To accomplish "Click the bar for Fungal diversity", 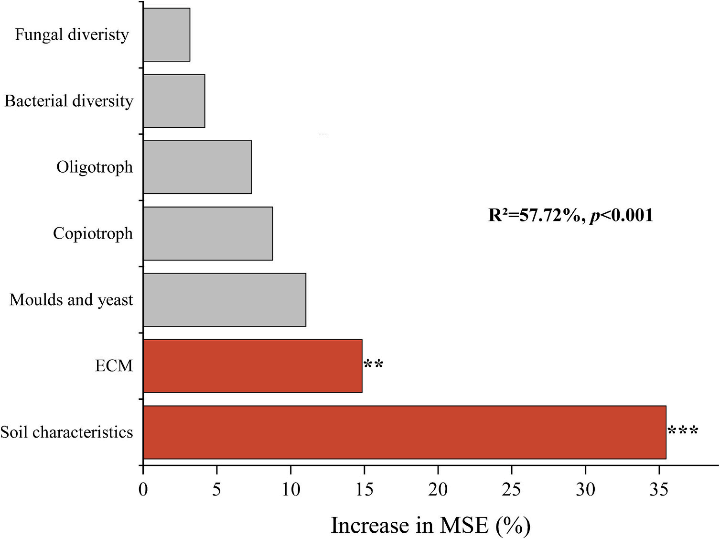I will click(x=167, y=34).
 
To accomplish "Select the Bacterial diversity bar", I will click(x=174, y=101).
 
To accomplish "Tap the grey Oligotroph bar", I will click(x=197, y=167).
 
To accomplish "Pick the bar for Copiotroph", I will click(x=208, y=233).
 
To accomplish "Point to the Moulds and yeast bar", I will click(x=225, y=300).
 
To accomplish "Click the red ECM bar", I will click(x=253, y=366).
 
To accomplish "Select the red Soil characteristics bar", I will click(x=405, y=432).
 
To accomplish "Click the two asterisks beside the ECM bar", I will click(x=373, y=365).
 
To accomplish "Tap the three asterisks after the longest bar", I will click(x=683, y=431).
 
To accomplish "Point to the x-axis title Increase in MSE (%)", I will click(x=430, y=525).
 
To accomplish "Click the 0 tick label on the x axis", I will click(x=143, y=489).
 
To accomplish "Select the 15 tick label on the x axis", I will click(x=364, y=489).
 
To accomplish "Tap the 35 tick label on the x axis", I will click(x=659, y=489).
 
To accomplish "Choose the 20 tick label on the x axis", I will click(x=438, y=489).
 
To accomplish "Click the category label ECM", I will click(x=114, y=366).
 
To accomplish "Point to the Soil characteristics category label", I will click(x=66, y=432).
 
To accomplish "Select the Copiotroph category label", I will click(x=93, y=233).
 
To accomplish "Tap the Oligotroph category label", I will click(x=95, y=167).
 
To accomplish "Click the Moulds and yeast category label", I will click(x=71, y=300).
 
